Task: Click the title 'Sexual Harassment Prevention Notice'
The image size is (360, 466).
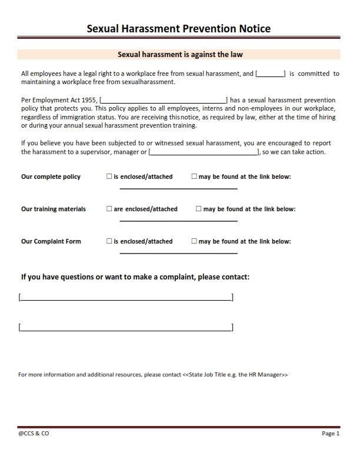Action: (x=179, y=28)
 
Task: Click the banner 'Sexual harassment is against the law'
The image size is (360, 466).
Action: (x=180, y=54)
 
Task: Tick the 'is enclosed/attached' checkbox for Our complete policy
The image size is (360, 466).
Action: (x=109, y=177)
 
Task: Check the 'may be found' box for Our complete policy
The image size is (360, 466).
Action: (x=194, y=177)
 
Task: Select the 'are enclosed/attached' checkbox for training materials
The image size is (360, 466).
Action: (x=109, y=209)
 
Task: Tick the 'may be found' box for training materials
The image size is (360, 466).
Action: (x=199, y=209)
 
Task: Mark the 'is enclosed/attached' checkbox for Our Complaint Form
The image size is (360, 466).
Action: (x=109, y=241)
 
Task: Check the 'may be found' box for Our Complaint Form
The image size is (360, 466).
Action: (x=194, y=241)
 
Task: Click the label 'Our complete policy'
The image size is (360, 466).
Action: (x=51, y=177)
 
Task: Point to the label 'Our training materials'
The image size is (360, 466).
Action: (x=54, y=209)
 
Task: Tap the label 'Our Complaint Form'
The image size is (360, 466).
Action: (x=51, y=241)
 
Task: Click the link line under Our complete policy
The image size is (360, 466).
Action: (x=179, y=188)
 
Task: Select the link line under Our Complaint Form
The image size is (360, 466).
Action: (x=179, y=253)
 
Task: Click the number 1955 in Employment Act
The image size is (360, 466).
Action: (x=88, y=101)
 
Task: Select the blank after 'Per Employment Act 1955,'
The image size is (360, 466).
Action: (x=164, y=101)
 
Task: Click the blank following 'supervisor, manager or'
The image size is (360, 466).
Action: (x=204, y=152)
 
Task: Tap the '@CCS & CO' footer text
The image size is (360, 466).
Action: (x=34, y=434)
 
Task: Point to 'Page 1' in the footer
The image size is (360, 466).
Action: (x=331, y=434)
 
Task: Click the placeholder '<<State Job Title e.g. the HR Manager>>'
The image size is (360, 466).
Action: (x=235, y=374)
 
